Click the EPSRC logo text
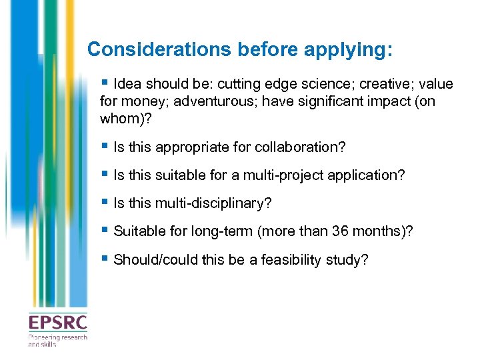[57, 324]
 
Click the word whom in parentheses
[121, 119]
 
